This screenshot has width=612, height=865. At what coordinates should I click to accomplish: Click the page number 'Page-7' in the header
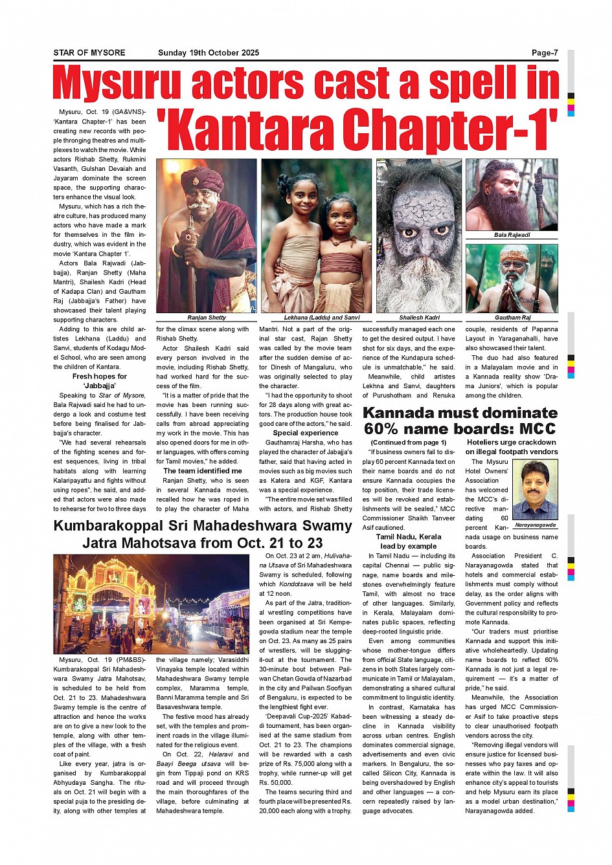coord(545,53)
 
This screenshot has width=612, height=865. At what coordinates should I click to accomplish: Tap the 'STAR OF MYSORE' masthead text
coord(89,53)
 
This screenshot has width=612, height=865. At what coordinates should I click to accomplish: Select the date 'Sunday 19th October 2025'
coord(209,53)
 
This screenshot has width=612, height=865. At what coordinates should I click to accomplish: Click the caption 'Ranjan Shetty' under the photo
coord(207,318)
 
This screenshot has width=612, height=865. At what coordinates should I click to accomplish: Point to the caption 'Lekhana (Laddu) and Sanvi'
coord(322,318)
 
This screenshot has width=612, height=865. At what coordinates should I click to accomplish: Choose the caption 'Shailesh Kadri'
coord(419,318)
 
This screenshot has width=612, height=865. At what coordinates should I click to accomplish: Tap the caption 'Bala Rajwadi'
coord(512,235)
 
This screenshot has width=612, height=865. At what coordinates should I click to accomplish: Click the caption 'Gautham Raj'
coord(512,318)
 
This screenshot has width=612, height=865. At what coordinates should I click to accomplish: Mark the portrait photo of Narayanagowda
coord(535,490)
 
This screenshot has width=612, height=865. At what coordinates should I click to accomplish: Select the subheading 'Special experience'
coord(306,433)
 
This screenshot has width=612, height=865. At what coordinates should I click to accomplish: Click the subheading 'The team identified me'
coord(203,471)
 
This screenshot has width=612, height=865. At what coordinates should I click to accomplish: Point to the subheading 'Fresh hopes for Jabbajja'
coord(100,381)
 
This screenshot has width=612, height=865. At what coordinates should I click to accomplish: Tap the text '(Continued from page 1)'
coord(409,443)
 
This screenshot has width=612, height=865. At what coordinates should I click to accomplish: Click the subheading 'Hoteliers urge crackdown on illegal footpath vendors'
coord(512,447)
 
